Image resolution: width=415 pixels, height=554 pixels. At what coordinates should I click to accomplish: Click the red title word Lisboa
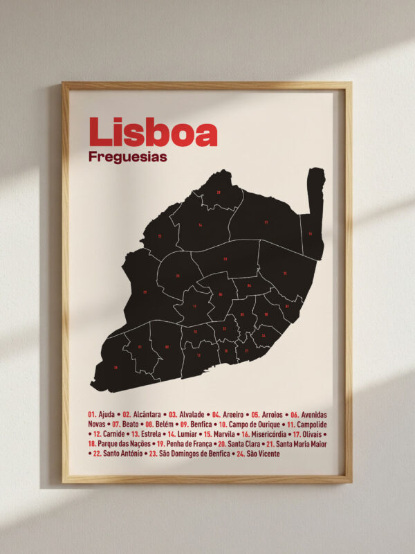[x=153, y=132]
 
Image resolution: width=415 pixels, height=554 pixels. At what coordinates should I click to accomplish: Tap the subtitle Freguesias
[x=128, y=157]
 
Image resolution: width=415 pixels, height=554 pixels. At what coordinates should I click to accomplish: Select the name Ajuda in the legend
[x=107, y=413]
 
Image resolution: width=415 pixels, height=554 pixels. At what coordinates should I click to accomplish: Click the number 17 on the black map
[x=266, y=222]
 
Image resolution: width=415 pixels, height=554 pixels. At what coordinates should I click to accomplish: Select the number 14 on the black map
[x=200, y=225]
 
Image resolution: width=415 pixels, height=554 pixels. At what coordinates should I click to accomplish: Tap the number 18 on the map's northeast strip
[x=310, y=233]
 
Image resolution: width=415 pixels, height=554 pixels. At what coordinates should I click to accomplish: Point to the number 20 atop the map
[x=219, y=192]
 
